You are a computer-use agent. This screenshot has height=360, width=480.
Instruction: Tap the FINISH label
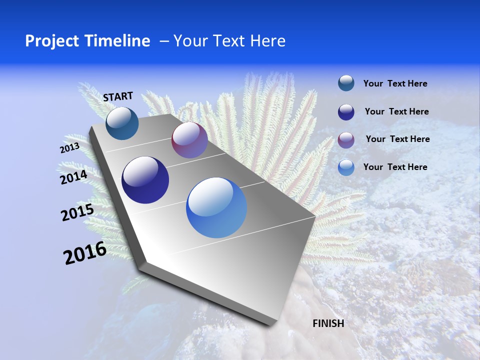(x=328, y=323)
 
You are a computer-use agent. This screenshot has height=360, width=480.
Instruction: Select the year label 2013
(x=69, y=148)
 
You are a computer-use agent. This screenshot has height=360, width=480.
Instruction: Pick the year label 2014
(x=74, y=177)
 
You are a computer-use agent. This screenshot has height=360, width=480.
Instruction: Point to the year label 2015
(x=77, y=212)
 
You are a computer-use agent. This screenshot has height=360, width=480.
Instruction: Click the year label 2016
(x=85, y=253)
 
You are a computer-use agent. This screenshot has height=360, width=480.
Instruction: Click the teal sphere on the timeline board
(x=122, y=123)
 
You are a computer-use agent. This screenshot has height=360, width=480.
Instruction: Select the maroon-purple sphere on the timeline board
(x=189, y=140)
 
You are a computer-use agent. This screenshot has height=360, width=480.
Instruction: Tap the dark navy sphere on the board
(x=145, y=180)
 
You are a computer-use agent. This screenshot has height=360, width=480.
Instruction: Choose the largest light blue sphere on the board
(x=216, y=207)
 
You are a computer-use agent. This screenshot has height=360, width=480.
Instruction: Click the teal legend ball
(x=346, y=83)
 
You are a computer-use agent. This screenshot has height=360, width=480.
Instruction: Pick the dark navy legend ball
(x=346, y=112)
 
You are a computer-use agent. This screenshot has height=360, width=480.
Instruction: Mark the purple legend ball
(x=346, y=139)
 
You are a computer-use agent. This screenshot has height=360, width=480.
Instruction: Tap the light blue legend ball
(x=346, y=167)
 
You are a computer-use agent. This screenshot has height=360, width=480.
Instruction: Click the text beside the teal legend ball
(x=395, y=83)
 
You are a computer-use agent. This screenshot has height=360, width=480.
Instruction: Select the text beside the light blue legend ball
(x=395, y=167)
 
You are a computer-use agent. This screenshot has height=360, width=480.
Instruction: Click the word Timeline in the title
(x=118, y=41)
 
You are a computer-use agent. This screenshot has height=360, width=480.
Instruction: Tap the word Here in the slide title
(x=267, y=41)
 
